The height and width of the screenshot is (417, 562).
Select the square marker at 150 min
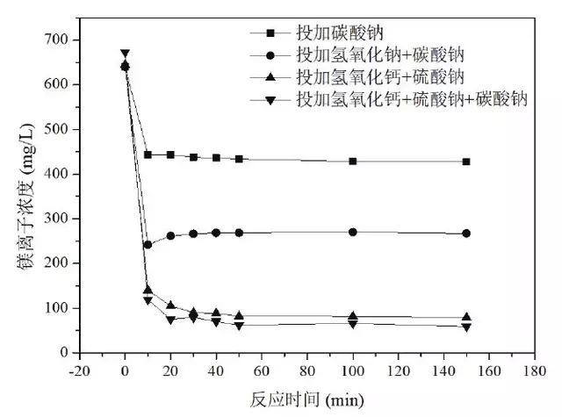[466, 162]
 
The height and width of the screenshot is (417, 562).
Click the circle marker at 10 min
[148, 245]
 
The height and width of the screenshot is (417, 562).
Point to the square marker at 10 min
[148, 155]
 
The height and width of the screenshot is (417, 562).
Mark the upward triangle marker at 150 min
[466, 317]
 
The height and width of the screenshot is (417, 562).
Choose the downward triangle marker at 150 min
[466, 327]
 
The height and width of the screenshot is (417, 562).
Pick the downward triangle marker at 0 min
[125, 54]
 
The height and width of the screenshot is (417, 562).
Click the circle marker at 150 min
[466, 234]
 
